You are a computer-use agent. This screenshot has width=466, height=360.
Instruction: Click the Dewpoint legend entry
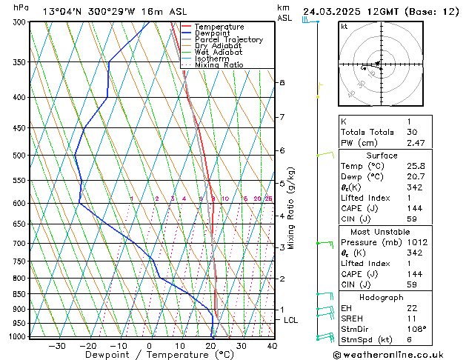[212, 33]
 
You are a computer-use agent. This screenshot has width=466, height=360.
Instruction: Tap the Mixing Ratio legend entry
[219, 65]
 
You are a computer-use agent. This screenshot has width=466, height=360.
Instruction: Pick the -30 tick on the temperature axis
[56, 346]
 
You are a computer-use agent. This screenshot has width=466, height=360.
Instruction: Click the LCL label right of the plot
[291, 320]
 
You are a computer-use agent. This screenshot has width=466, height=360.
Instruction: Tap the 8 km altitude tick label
[282, 82]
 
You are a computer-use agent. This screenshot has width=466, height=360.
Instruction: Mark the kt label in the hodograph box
[344, 27]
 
